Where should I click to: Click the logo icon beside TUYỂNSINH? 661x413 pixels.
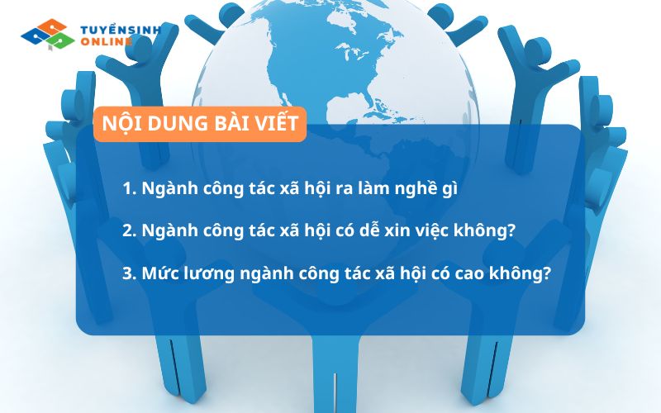click(x=47, y=34)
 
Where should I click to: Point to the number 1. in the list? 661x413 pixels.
click(x=128, y=188)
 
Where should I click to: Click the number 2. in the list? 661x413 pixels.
click(x=129, y=230)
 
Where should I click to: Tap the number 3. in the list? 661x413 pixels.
click(x=129, y=273)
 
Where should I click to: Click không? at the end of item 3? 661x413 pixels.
click(x=524, y=273)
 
